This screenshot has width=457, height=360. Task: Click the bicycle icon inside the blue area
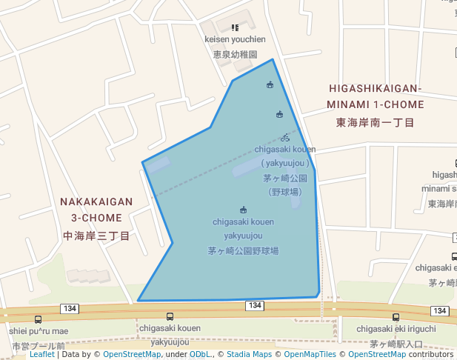pos(285,138)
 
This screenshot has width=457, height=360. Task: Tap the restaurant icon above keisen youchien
pos(236,27)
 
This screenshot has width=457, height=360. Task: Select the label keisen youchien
pos(235,39)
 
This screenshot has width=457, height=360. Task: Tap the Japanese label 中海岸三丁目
pos(96,236)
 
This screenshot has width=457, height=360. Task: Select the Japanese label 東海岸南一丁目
pos(375,122)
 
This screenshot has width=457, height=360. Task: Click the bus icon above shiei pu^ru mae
pos(39,319)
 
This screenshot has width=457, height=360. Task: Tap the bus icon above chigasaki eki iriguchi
pos(396,317)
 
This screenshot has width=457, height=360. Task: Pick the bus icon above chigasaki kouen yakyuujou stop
pos(171,317)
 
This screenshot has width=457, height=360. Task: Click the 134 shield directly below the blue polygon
pos(255,306)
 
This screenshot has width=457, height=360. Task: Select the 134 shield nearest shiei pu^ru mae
pos(70,308)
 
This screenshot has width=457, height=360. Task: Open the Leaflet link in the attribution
pos(41,355)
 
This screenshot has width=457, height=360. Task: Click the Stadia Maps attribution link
pos(248,355)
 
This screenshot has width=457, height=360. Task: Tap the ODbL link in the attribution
pos(199,355)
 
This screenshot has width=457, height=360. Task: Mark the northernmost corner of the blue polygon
pos(273,59)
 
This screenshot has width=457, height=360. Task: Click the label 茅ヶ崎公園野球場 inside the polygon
pos(243,251)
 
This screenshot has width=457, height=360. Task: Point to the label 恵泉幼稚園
pos(235,54)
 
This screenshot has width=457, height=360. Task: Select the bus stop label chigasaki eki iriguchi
pos(396,329)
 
